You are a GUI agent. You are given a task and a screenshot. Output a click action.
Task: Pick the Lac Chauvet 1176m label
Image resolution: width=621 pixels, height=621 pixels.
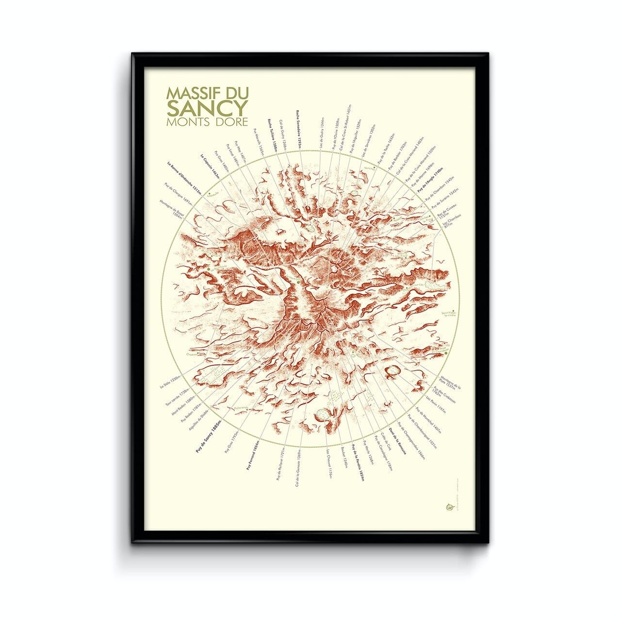click(329, 464)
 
